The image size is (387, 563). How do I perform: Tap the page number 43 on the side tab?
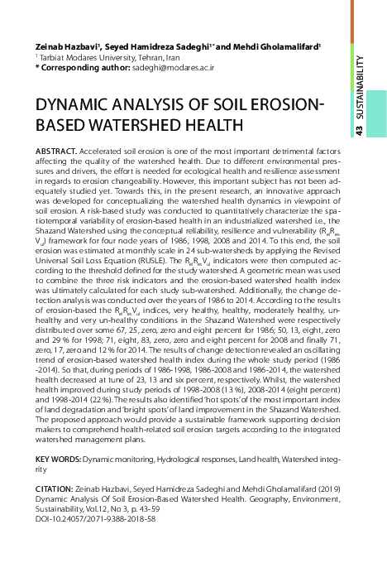[x=361, y=132]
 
